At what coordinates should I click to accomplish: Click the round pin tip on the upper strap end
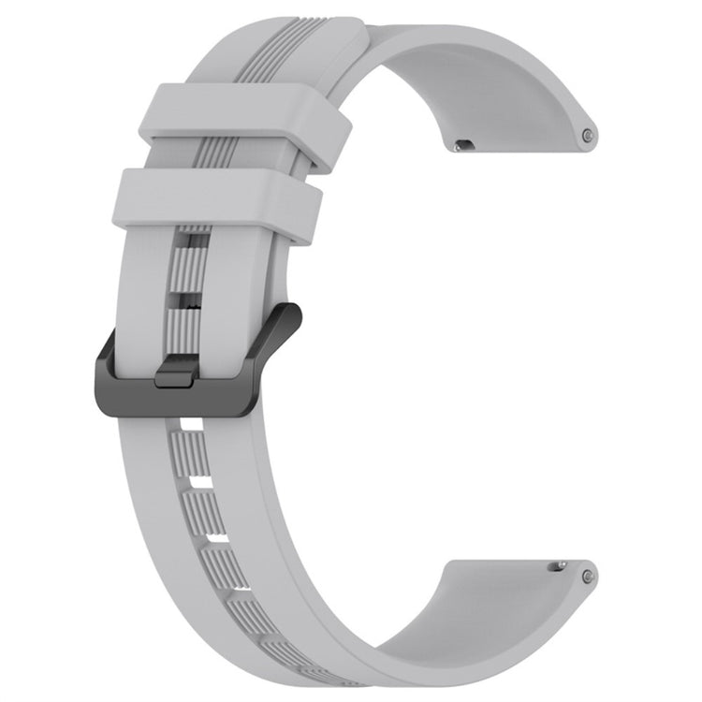pyautogui.click(x=587, y=135)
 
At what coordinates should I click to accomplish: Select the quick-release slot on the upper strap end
pyautogui.click(x=462, y=145)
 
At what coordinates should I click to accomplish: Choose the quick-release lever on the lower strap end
pyautogui.click(x=559, y=564)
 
